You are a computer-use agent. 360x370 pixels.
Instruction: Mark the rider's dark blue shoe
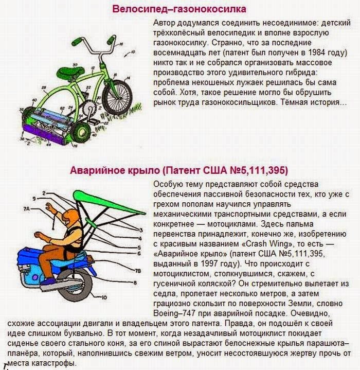48,282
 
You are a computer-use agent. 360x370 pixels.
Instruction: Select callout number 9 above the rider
33,198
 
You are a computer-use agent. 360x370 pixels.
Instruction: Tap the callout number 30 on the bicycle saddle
76,64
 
